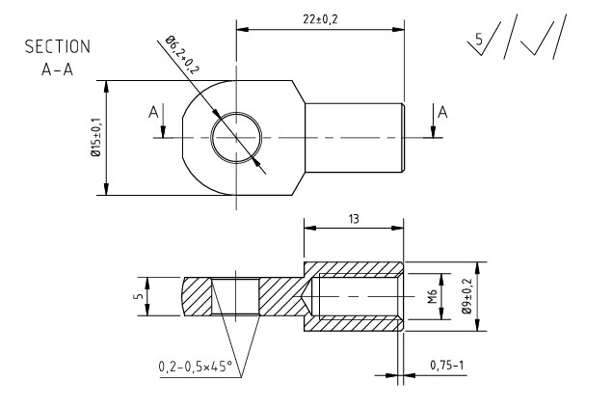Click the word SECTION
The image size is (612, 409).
(x=59, y=46)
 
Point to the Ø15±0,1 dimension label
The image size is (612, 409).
(x=94, y=139)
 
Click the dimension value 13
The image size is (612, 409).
(x=354, y=220)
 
